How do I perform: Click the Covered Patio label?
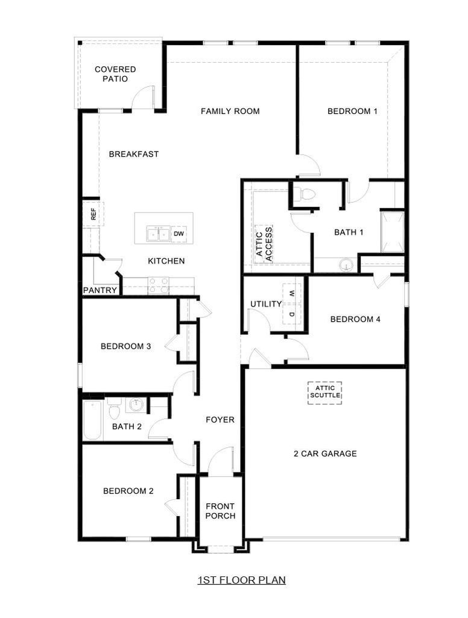[115, 74]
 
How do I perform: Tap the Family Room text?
[230, 111]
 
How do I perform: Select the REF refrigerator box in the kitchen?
[93, 214]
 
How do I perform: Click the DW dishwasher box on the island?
[179, 234]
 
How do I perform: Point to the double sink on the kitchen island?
[159, 234]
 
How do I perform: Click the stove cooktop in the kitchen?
[159, 285]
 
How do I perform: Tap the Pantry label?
[100, 290]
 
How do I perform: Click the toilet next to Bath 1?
[305, 194]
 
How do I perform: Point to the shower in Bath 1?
[393, 232]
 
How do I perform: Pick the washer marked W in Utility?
[292, 293]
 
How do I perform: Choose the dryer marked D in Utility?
[292, 314]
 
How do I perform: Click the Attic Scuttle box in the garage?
[324, 392]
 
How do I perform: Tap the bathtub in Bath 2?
[93, 420]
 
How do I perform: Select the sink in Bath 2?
[136, 404]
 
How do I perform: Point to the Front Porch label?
[220, 511]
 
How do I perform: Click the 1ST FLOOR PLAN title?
[241, 580]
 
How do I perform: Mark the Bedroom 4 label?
[355, 319]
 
